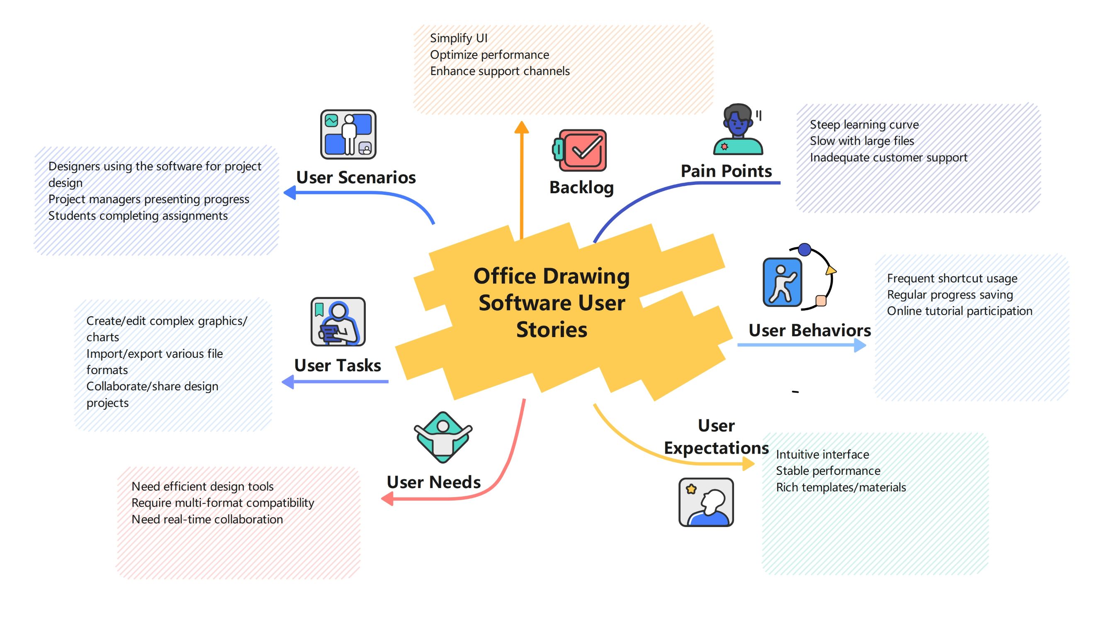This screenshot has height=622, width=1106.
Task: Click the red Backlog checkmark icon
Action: [581, 150]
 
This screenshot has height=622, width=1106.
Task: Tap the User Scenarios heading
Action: [355, 177]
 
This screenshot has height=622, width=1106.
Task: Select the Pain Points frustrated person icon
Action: [738, 129]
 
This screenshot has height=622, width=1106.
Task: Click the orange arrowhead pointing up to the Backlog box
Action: [522, 127]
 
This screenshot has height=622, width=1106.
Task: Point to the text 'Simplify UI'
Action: [459, 38]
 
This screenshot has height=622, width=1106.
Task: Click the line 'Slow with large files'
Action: [862, 141]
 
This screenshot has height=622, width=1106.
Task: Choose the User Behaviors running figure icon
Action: [782, 282]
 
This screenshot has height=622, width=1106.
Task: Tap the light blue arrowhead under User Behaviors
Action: [860, 345]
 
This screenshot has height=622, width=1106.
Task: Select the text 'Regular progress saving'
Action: [950, 294]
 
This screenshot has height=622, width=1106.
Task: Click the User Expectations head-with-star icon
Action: [706, 502]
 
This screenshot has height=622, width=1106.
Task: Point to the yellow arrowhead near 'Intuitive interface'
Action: [749, 464]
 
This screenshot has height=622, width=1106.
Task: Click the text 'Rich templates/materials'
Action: [841, 487]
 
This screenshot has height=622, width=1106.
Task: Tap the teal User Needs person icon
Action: [442, 437]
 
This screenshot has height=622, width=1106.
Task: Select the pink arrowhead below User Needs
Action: [388, 498]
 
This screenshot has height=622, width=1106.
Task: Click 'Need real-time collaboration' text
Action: [207, 519]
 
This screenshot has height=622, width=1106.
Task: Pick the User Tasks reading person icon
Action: [338, 321]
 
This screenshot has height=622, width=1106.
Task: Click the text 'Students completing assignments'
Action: [138, 216]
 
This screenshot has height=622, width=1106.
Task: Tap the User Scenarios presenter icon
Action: [348, 134]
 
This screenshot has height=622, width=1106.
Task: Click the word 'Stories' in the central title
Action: [551, 330]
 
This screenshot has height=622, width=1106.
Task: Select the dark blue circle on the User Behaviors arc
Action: [805, 249]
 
